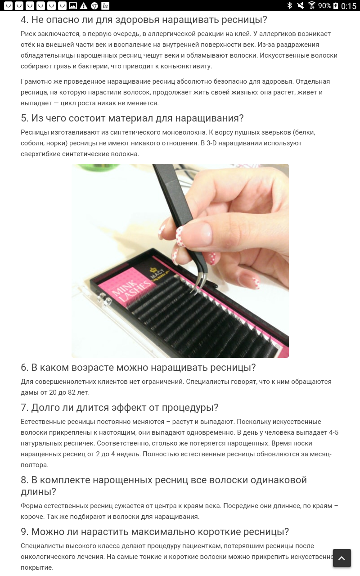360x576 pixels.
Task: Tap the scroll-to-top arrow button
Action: [x=342, y=558]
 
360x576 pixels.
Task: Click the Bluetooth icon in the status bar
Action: [x=290, y=5]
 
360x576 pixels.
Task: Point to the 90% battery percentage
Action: [x=325, y=6]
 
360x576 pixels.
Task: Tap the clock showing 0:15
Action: [x=349, y=6]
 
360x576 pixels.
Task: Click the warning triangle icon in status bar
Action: [x=83, y=6]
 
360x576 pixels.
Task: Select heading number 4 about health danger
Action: [x=144, y=20]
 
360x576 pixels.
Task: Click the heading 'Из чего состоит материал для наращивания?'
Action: [x=132, y=118]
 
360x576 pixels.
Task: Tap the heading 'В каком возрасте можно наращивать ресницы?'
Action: [x=138, y=368]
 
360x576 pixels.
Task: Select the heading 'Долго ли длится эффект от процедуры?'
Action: [x=120, y=408]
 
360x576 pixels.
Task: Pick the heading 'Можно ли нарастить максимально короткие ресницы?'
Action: [x=155, y=531]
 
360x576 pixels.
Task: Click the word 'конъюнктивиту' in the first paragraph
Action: [x=186, y=66]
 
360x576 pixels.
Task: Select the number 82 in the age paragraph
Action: [x=72, y=392]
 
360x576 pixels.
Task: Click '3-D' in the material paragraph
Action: [x=211, y=143]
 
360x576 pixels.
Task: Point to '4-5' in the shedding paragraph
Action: [x=333, y=432]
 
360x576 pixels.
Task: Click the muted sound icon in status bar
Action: [x=300, y=5]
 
